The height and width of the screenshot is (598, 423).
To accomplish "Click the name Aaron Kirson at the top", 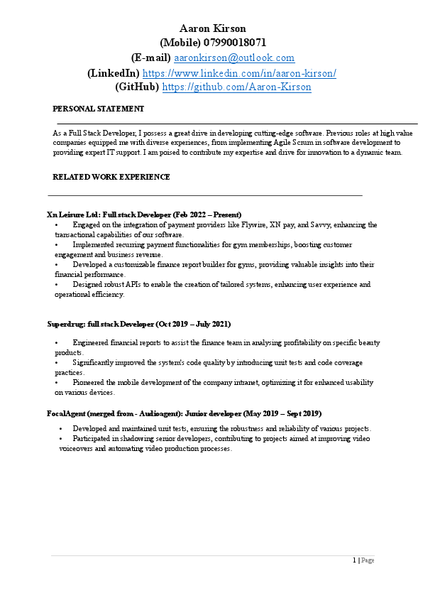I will click(x=212, y=28).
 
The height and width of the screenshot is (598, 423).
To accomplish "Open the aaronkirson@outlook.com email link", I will click(x=234, y=58).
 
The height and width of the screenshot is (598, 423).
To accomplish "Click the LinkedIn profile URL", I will click(x=239, y=72).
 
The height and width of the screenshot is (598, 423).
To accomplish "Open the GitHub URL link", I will click(x=237, y=87).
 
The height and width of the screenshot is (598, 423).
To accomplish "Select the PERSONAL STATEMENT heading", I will click(x=99, y=109).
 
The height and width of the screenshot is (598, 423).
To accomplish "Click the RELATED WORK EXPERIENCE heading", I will click(x=111, y=177).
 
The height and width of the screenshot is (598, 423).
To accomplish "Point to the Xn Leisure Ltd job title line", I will click(x=144, y=214).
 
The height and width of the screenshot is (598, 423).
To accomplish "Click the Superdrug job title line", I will click(x=138, y=324).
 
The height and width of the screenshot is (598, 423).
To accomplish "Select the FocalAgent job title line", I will click(x=175, y=413).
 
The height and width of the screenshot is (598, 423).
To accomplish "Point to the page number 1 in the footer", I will click(x=354, y=560).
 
